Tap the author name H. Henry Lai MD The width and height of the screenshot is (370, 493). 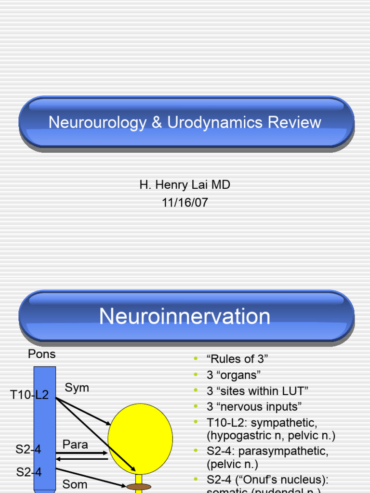185,185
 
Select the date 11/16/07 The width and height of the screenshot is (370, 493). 185,202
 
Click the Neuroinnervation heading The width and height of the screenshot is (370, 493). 185,316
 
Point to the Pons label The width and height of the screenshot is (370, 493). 42,354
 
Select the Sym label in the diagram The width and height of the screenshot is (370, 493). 77,388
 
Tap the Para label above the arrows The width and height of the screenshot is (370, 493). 75,444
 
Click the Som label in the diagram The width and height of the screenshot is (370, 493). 75,484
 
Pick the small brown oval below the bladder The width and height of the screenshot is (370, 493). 139,487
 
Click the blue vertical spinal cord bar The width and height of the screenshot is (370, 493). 44,424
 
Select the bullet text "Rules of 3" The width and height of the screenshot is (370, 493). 237,359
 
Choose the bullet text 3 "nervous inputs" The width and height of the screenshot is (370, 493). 254,406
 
